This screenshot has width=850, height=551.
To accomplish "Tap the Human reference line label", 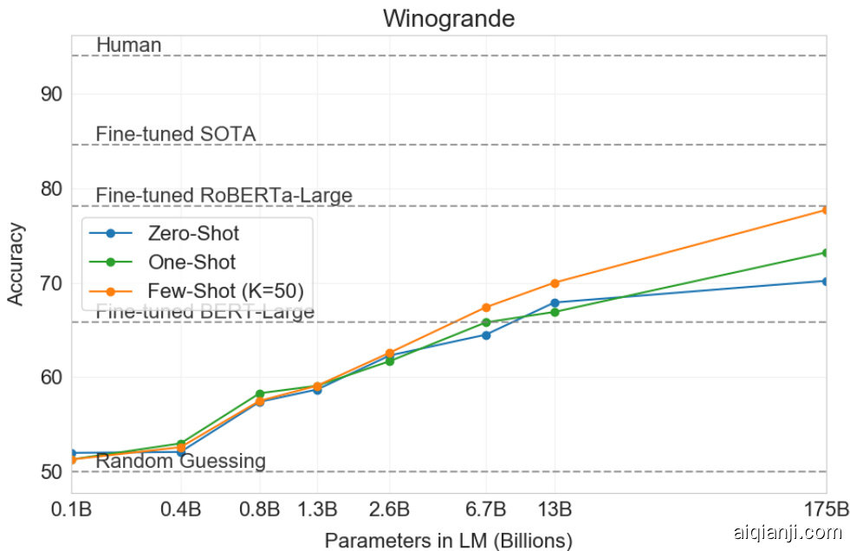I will (x=128, y=44).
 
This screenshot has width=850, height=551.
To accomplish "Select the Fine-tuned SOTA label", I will (x=175, y=134).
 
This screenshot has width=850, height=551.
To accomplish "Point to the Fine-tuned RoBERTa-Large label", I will (x=224, y=196).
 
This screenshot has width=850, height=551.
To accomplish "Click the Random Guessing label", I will (x=180, y=461).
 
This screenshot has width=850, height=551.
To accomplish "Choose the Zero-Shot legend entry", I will (x=193, y=233).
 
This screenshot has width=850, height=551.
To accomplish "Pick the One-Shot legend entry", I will (x=191, y=262).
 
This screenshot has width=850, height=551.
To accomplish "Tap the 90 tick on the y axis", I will (x=52, y=94).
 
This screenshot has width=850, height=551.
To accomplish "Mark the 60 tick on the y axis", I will (x=52, y=378).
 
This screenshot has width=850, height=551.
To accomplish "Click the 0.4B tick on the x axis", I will (x=181, y=508).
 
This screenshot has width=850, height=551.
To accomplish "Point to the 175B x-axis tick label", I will (x=827, y=508).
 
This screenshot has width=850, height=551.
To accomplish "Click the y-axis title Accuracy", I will (x=16, y=263).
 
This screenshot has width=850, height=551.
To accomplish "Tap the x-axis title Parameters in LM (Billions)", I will (x=448, y=541).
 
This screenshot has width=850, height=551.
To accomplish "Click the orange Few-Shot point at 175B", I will (x=826, y=210).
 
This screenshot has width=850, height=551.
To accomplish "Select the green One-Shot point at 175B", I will (x=826, y=253).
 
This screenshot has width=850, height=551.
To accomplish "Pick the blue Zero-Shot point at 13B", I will (x=555, y=302).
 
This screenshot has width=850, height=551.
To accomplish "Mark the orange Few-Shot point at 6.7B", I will (x=486, y=308).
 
